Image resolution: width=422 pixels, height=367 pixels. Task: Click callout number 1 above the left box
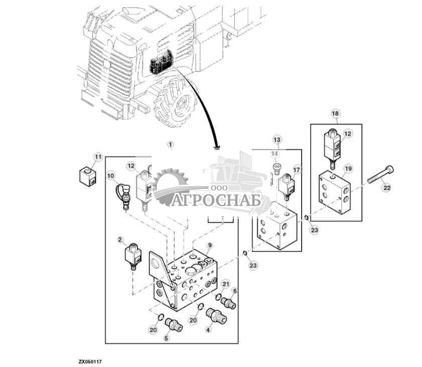pos(170,145)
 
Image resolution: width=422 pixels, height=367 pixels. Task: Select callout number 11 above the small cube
pos(98,158)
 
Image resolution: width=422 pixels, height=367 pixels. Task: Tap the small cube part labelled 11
pos(87,176)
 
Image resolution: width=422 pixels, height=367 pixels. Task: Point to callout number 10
pos(111,176)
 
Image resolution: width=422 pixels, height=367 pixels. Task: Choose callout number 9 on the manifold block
pos(211,246)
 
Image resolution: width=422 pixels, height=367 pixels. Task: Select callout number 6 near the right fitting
pos(234,291)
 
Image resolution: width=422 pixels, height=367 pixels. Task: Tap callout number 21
pos(226,285)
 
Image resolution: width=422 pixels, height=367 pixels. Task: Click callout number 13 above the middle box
pos(277,139)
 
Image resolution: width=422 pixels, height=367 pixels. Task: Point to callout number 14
pos(274,154)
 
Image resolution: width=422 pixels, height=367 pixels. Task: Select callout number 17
pos(297,170)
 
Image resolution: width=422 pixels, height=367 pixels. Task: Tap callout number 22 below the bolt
pos(386,187)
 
